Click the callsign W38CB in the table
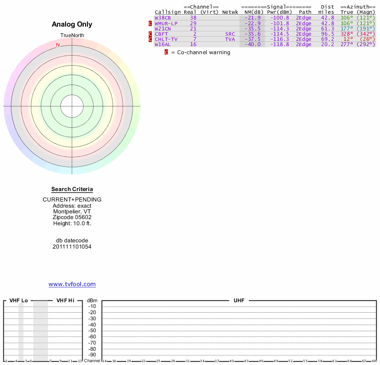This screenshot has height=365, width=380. [x=162, y=18]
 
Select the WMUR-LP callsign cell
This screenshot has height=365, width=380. [x=166, y=23]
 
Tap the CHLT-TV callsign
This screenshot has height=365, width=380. [x=166, y=39]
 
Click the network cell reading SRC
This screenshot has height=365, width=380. [x=230, y=34]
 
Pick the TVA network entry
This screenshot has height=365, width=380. [x=230, y=39]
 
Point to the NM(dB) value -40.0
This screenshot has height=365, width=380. [x=253, y=45]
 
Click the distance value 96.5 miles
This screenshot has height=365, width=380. [x=328, y=34]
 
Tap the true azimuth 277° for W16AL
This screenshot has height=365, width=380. [x=347, y=45]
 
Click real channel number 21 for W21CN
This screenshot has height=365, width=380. [x=193, y=29]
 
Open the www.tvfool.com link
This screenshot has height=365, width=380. [x=72, y=284]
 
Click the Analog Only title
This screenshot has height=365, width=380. [x=72, y=24]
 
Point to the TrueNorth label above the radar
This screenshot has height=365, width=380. [x=72, y=36]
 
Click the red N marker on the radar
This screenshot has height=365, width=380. [x=58, y=45]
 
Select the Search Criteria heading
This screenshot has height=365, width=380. [x=72, y=189]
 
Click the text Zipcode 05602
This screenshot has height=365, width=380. [x=72, y=217]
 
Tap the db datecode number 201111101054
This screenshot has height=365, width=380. [x=72, y=247]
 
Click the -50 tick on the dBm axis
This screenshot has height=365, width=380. [x=92, y=331]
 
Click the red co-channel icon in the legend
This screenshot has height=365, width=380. [x=166, y=52]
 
